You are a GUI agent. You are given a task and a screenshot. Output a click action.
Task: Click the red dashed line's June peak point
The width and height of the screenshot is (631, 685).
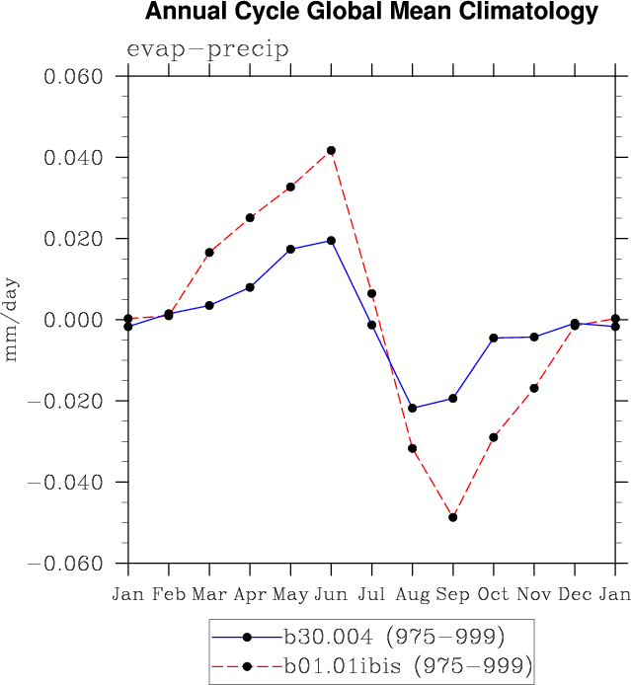click(331, 150)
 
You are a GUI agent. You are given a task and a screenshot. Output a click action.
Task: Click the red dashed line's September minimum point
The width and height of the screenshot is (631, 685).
click(453, 517)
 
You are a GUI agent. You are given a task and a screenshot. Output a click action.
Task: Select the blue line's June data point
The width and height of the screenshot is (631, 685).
click(331, 240)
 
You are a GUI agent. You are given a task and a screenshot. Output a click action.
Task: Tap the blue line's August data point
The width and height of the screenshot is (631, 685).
click(412, 408)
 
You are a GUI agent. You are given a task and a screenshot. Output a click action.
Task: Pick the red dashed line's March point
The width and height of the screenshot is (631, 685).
click(209, 252)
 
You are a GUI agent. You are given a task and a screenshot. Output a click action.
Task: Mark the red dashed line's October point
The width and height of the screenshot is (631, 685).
click(494, 436)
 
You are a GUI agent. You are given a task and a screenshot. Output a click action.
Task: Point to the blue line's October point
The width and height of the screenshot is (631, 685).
click(494, 338)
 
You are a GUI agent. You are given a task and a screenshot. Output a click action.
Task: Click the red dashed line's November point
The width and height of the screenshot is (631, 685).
click(534, 388)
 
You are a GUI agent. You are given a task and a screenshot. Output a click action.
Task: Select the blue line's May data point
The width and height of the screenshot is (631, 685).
click(290, 249)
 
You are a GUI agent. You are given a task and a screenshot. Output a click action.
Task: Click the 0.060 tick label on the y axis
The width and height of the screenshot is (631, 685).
click(77, 77)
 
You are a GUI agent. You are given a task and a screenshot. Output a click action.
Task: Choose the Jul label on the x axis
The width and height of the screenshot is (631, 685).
click(371, 594)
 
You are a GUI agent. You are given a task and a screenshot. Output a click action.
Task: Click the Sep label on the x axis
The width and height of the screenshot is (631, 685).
click(453, 594)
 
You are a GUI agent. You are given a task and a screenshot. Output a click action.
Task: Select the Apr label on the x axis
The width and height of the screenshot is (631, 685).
click(250, 594)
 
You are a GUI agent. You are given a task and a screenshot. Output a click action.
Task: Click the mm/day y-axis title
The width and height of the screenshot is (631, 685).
click(13, 320)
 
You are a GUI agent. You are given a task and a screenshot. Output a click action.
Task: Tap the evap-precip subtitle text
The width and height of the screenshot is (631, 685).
click(207, 50)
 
